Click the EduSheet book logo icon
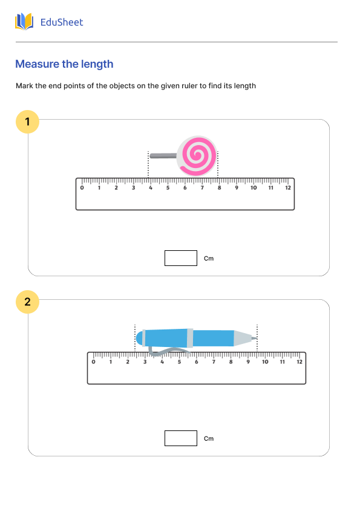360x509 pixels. coord(24,22)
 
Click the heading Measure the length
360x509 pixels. coord(64,64)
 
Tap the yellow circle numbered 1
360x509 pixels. coord(27,122)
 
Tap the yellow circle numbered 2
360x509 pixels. coord(27,302)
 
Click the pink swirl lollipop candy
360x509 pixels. coord(197,156)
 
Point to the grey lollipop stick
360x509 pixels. coord(162,156)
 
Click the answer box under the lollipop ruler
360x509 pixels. coord(181,258)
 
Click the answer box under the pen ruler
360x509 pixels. coord(181,438)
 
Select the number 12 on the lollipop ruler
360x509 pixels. coord(288,188)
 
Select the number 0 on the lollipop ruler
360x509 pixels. coord(82,188)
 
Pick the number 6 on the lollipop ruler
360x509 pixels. coord(185,188)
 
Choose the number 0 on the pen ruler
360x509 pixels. coord(93,362)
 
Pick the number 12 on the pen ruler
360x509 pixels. coord(299,362)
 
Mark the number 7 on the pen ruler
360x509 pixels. coord(214,362)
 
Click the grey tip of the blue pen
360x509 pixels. coord(243,338)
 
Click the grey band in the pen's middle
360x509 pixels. coord(190,338)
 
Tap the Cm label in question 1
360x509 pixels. coord(209,259)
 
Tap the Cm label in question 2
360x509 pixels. coord(209,439)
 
